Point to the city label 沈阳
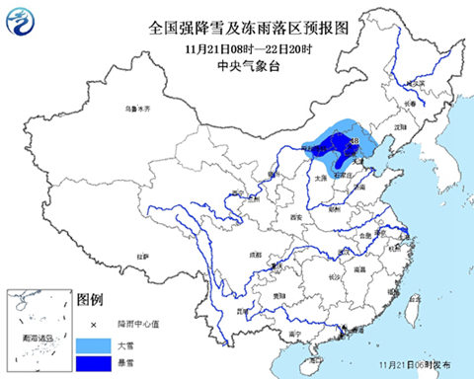tap(399, 127)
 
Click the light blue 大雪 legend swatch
tap(93, 343)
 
